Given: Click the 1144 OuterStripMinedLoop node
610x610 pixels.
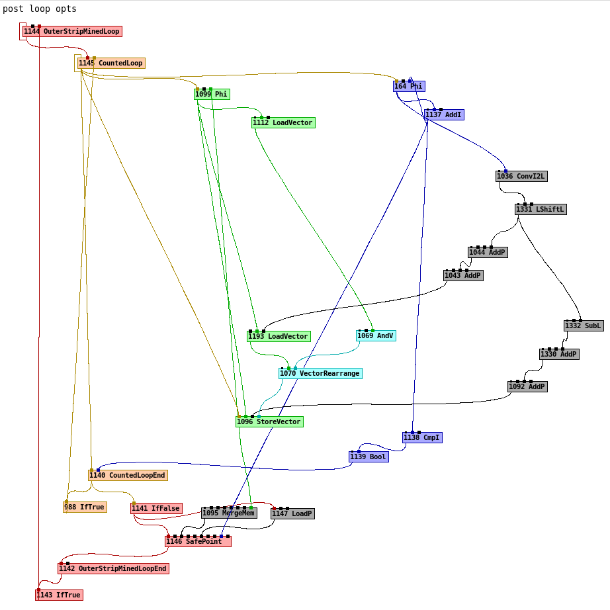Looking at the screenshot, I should tap(72, 32).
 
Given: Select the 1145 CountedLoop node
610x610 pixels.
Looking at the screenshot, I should tap(110, 64).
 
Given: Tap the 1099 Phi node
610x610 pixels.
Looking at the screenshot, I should tap(212, 95).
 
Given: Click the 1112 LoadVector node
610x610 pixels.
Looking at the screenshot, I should tap(283, 123).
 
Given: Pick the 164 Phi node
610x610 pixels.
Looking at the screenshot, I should tap(409, 87).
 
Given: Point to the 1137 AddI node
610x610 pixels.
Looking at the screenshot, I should tap(444, 115).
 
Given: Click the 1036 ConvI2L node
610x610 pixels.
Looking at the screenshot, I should tap(521, 177).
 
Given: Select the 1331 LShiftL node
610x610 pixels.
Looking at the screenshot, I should tap(541, 210).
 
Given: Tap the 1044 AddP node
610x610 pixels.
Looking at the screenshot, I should tap(488, 253).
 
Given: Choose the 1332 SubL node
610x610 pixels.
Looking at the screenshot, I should tap(584, 326).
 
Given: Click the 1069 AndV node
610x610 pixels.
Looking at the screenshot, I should tap(376, 336).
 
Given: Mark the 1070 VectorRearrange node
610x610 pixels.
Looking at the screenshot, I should tap(320, 374).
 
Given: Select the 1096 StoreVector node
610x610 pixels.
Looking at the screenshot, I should tap(269, 422).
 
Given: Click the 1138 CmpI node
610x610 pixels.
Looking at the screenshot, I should tap(422, 438).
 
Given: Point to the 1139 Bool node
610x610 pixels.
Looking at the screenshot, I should tap(369, 457).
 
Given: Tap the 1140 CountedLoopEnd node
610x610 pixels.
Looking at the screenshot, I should tap(128, 476).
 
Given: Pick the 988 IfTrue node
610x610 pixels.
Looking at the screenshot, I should tap(85, 507).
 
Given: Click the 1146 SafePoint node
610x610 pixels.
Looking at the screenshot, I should tap(198, 542).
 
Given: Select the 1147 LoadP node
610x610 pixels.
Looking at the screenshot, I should tap(292, 514).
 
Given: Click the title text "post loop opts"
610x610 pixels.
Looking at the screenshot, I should tap(40, 9).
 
